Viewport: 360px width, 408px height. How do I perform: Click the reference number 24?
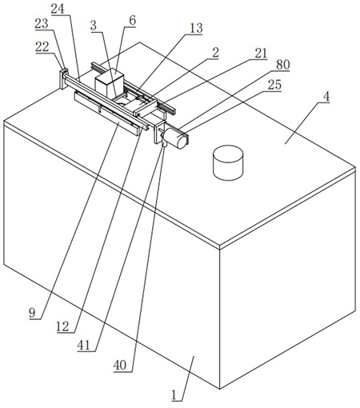(x=58, y=9)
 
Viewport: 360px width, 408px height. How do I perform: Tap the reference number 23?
(x=42, y=24)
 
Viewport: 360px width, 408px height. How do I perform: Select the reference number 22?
(x=42, y=47)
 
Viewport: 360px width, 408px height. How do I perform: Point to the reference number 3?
(x=94, y=26)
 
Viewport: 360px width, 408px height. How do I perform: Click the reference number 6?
(x=133, y=21)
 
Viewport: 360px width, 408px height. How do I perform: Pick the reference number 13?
(x=196, y=28)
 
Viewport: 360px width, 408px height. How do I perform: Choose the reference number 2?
(x=215, y=52)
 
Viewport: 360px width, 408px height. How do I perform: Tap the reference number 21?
(x=261, y=54)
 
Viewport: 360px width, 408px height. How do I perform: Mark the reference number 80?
(x=282, y=65)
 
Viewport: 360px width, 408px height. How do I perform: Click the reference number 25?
(x=274, y=85)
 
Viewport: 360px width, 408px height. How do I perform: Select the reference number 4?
(x=326, y=97)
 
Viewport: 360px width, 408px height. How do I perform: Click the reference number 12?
(x=63, y=326)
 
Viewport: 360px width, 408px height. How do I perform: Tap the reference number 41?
(x=84, y=346)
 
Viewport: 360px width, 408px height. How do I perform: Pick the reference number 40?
(x=120, y=366)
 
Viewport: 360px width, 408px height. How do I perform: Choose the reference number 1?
(x=174, y=395)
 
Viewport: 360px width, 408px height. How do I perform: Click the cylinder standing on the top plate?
(x=228, y=162)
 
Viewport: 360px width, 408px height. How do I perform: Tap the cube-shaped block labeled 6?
(x=110, y=82)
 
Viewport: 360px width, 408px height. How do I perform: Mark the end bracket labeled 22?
(x=64, y=79)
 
